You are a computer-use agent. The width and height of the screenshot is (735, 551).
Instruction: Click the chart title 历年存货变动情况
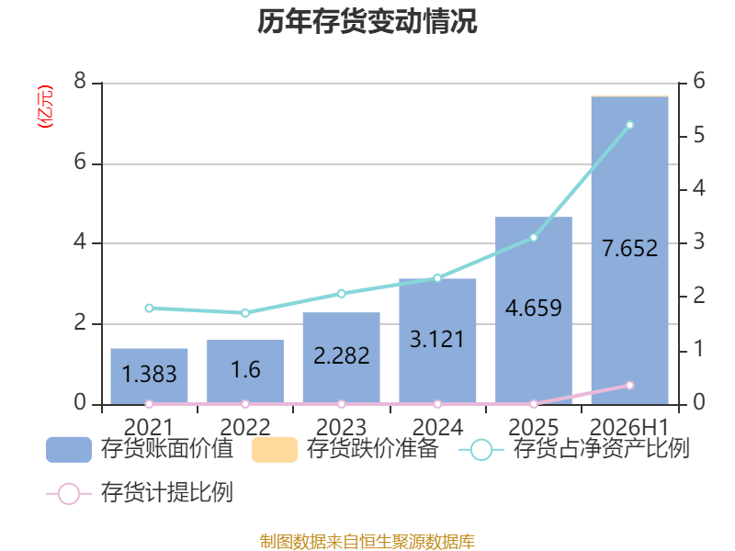pyautogui.click(x=367, y=21)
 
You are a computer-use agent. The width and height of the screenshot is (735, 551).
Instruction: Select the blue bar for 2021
pyautogui.click(x=149, y=377)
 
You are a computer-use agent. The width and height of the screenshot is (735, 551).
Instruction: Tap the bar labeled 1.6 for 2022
pyautogui.click(x=245, y=372)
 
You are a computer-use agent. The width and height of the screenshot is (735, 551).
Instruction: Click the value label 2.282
pyautogui.click(x=341, y=355)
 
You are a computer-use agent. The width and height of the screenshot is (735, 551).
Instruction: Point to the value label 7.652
pyautogui.click(x=629, y=248)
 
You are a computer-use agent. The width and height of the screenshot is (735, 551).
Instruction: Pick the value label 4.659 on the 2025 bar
pyautogui.click(x=534, y=308)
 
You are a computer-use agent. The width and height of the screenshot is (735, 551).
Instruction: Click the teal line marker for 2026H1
pyautogui.click(x=630, y=125)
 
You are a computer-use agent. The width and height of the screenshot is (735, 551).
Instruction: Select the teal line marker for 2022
pyautogui.click(x=245, y=313)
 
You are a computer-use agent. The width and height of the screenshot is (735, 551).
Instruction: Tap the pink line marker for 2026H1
pyautogui.click(x=630, y=385)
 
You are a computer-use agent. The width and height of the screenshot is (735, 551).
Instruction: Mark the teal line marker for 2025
pyautogui.click(x=534, y=238)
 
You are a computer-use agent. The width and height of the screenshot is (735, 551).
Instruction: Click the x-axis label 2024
pyautogui.click(x=437, y=427)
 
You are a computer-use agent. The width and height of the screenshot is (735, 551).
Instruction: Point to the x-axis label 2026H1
pyautogui.click(x=629, y=427)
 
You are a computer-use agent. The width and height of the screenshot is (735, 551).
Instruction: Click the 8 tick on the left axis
pyautogui.click(x=80, y=81)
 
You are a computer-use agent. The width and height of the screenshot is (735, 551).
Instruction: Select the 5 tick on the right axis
pyautogui.click(x=699, y=135)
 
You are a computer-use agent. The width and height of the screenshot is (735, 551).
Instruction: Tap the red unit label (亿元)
pyautogui.click(x=45, y=107)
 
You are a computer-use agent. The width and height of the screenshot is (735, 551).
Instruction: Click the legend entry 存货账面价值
pyautogui.click(x=140, y=449)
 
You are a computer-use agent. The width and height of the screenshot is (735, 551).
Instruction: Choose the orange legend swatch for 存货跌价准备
pyautogui.click(x=275, y=450)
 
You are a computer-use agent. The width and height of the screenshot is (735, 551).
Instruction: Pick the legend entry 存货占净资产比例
pyautogui.click(x=573, y=449)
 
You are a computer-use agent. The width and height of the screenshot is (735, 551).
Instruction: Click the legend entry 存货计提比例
pyautogui.click(x=140, y=493)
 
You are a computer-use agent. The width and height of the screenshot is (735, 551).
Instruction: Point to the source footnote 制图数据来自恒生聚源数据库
pyautogui.click(x=367, y=542)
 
